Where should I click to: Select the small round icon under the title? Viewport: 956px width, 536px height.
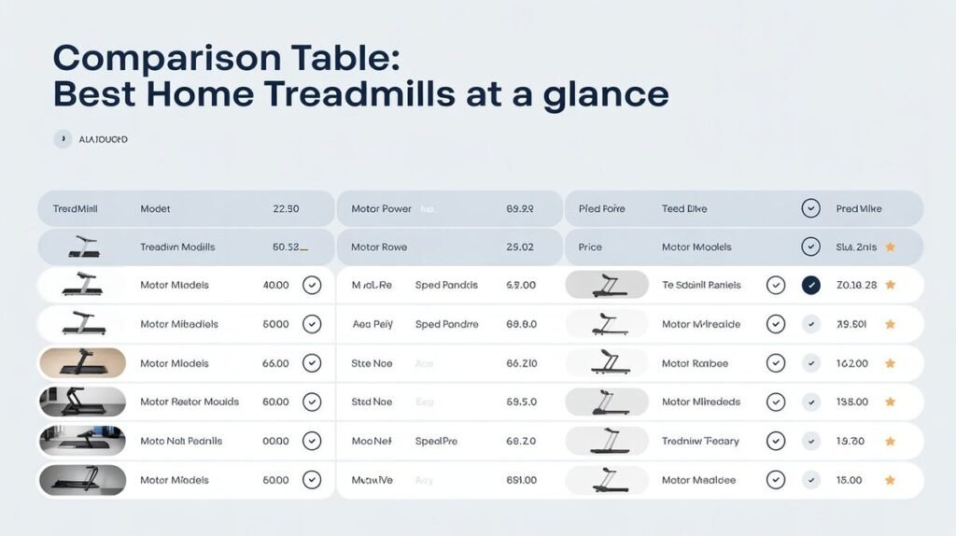point(63,139)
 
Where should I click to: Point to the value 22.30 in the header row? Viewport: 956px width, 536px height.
point(286,209)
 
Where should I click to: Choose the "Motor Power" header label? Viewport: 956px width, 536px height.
point(381,209)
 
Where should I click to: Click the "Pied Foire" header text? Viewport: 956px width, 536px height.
point(601,209)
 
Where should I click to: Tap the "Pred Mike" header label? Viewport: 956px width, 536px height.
point(859,209)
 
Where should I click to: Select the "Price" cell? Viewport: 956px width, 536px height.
point(590,247)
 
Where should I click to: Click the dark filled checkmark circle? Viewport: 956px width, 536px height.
point(810,285)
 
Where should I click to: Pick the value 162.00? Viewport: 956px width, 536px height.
point(852,363)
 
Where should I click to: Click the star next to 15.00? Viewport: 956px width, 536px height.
point(890,480)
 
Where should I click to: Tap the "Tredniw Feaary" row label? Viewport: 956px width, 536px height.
point(700,441)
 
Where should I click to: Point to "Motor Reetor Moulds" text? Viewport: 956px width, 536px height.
point(190,402)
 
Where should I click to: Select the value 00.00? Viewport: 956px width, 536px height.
point(275,441)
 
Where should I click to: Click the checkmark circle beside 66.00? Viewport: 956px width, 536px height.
point(312,363)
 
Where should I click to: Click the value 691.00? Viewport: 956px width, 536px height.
point(521,480)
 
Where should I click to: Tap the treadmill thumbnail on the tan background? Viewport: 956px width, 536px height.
point(82,363)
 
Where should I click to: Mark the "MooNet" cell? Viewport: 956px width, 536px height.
point(371,441)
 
